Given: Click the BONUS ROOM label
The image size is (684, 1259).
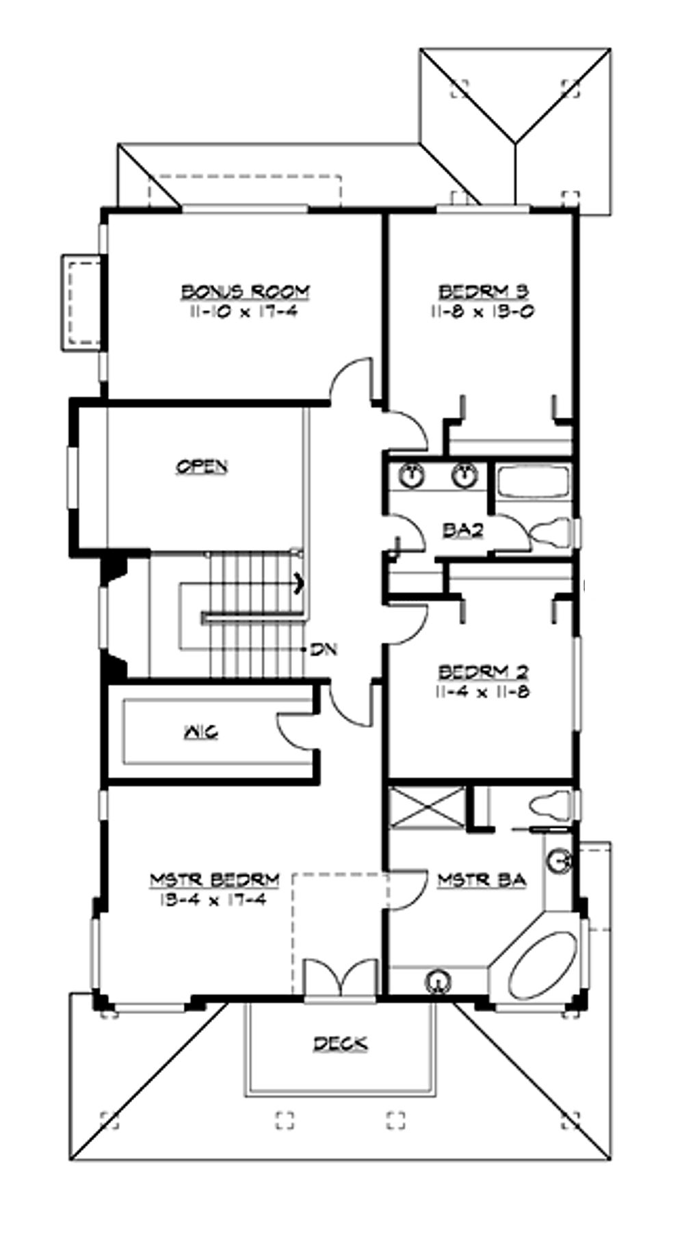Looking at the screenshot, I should click(245, 291).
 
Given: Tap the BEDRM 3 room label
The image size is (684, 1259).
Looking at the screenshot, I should click(483, 291).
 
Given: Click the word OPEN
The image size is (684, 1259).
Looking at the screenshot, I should click(202, 467).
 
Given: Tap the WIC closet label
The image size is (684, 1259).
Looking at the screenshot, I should click(200, 732).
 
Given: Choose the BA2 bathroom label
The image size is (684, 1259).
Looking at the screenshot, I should click(463, 530).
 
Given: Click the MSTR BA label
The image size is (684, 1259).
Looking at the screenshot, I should click(482, 880).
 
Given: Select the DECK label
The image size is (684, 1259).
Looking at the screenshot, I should click(340, 1043).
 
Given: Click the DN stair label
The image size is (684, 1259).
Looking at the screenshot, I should click(324, 649).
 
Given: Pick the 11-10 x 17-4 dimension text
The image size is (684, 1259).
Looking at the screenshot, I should click(245, 311).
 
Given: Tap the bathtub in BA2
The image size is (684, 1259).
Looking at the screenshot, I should click(532, 482).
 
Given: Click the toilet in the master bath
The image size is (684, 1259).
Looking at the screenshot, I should click(553, 805).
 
